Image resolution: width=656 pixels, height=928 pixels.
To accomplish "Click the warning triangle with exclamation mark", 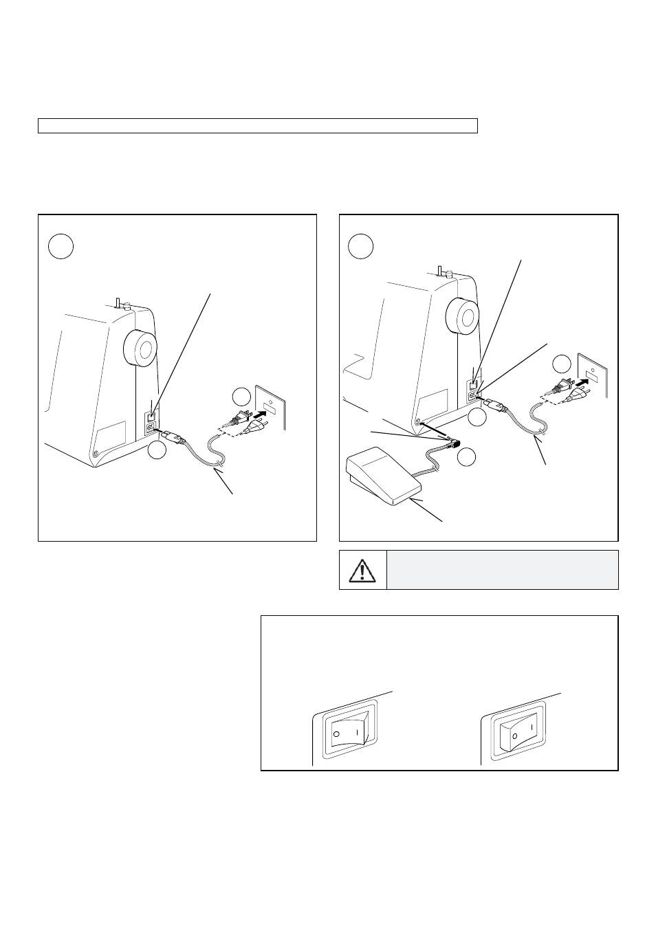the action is click(362, 570).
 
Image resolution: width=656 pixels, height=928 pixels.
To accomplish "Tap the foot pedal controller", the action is click(383, 476).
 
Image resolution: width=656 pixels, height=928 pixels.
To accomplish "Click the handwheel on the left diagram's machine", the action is click(140, 348).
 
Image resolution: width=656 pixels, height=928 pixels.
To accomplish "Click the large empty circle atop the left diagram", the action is click(61, 247).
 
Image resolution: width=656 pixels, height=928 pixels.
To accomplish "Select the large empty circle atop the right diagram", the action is click(360, 247).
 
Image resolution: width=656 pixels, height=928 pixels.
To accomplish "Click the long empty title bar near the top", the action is click(258, 126).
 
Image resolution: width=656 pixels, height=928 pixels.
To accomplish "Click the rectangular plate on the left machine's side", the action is click(111, 435).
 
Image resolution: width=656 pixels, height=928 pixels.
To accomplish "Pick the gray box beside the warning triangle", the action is click(503, 570).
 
